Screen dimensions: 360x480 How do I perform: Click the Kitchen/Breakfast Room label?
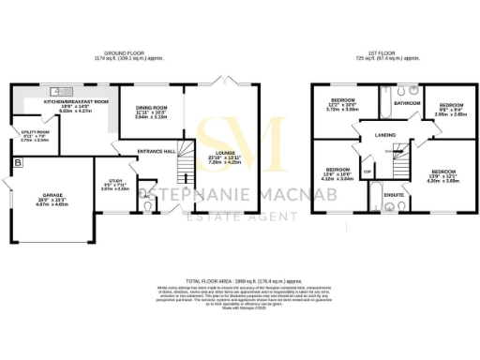click(x=76, y=101)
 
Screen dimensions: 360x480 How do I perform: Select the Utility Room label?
click(x=35, y=133)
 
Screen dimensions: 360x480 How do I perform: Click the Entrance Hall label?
click(x=157, y=151)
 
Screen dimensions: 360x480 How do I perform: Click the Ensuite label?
click(x=394, y=194)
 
